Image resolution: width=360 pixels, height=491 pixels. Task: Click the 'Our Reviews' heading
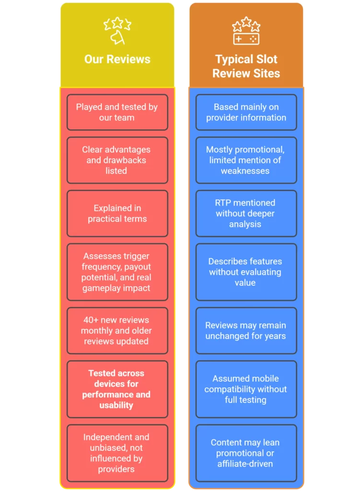(x=117, y=59)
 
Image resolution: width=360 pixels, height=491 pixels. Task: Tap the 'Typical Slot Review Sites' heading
(x=246, y=66)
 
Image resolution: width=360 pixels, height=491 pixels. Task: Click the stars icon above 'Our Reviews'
(x=117, y=31)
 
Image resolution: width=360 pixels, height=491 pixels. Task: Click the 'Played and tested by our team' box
(x=117, y=112)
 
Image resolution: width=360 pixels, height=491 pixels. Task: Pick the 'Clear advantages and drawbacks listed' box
(x=117, y=160)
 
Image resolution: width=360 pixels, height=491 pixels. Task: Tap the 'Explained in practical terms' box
(x=117, y=213)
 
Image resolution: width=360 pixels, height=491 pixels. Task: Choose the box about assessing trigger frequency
(x=117, y=272)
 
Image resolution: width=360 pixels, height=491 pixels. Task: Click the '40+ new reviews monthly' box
(x=117, y=330)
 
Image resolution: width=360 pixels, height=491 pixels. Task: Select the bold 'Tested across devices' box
(x=117, y=389)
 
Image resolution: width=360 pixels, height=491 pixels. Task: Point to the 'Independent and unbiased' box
(x=117, y=453)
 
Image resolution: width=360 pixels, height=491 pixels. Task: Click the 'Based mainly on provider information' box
(x=246, y=112)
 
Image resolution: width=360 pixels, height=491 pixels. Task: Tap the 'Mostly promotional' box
(x=246, y=160)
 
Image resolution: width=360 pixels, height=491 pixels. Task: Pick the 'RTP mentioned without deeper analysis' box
(x=246, y=213)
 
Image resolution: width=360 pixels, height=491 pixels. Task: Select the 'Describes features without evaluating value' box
(x=246, y=272)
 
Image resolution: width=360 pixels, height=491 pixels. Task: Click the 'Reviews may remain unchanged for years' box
(x=246, y=330)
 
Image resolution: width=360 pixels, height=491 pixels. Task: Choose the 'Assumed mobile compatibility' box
(x=246, y=389)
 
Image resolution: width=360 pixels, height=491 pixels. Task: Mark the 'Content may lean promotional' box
(x=246, y=453)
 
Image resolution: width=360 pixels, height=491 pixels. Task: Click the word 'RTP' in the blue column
(x=222, y=203)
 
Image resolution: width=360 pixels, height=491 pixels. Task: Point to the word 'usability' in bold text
(x=116, y=405)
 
